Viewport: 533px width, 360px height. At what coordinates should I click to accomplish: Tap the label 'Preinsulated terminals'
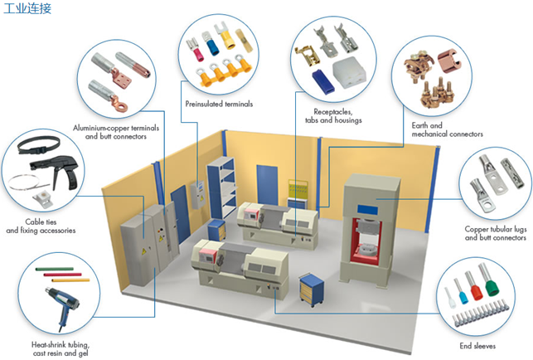click(219, 105)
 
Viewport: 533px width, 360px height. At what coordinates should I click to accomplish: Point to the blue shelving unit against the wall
click(221, 182)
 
